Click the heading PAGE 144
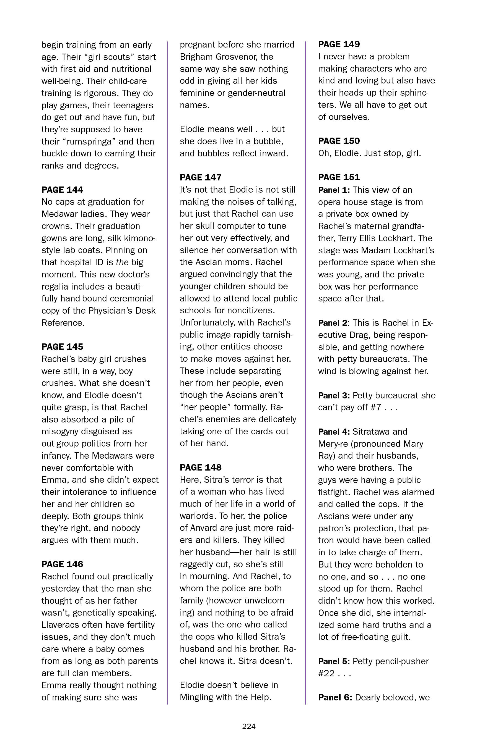[62, 190]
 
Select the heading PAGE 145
[62, 347]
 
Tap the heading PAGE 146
[62, 564]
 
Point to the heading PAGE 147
[200, 177]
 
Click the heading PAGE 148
[200, 467]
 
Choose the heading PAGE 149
[339, 44]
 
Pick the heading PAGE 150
[339, 141]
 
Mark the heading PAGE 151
[339, 177]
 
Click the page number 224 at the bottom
[249, 726]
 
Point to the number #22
[326, 673]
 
